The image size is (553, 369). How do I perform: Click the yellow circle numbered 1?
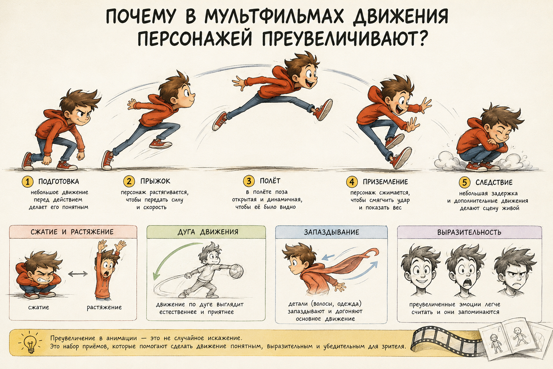[x=28, y=182]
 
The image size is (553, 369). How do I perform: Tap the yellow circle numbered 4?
[x=352, y=182]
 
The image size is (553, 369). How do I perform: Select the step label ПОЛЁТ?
[x=270, y=181]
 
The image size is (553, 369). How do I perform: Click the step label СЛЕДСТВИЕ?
[x=494, y=182]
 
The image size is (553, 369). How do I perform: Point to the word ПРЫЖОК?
[x=155, y=181]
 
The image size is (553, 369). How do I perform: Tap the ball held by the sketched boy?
[x=236, y=271]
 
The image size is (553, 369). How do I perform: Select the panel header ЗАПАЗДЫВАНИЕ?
[x=332, y=232]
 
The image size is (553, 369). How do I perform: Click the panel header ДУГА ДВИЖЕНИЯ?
[x=208, y=232]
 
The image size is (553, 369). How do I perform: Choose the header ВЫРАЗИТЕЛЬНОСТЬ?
[x=469, y=232]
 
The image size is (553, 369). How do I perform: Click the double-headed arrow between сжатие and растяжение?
[x=78, y=274]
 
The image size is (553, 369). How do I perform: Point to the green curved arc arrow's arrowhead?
[x=156, y=276]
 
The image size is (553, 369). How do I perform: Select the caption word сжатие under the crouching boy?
[x=39, y=307]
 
